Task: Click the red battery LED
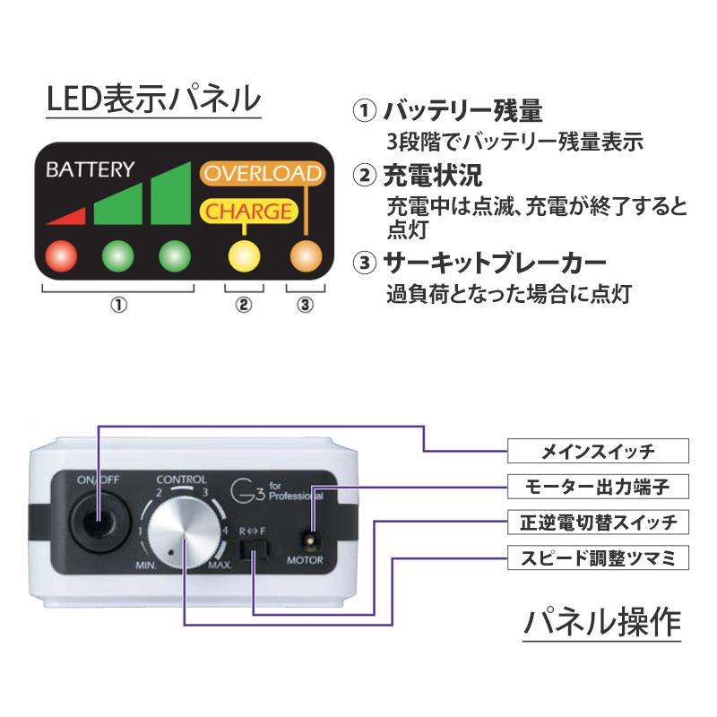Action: (x=62, y=255)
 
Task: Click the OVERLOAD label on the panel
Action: (x=260, y=173)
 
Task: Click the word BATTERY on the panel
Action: (x=91, y=168)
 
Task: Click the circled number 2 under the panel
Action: (x=244, y=304)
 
